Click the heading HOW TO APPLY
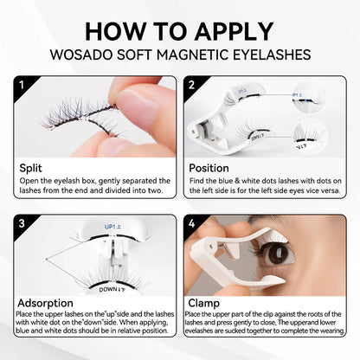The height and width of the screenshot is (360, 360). click(180, 29)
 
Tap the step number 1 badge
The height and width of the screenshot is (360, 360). click(26, 85)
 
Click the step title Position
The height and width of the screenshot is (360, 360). click(209, 167)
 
